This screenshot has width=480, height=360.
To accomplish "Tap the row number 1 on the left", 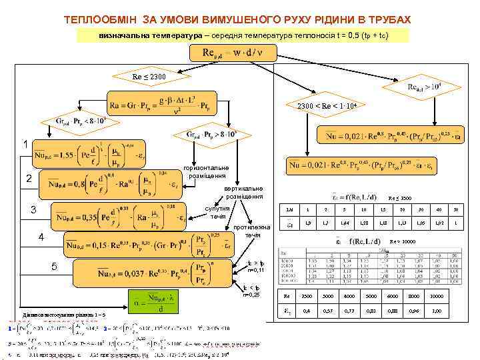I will (x=25, y=144).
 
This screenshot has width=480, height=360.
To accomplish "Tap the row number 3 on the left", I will (x=33, y=211).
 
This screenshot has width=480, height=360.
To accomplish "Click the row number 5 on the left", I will (x=56, y=267).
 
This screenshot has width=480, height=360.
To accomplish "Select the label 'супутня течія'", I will (x=218, y=213).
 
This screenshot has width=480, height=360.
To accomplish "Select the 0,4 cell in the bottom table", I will (x=307, y=311).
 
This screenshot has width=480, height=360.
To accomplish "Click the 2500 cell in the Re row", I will (x=307, y=295).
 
